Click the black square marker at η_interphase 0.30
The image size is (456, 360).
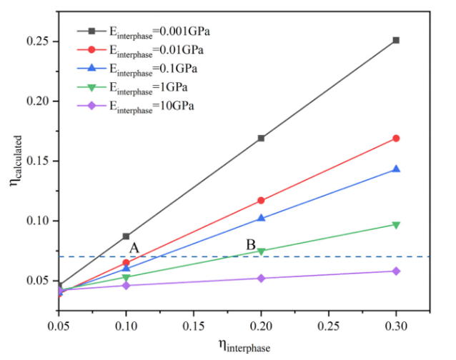point(396,40)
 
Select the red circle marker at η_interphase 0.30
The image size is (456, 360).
point(396,138)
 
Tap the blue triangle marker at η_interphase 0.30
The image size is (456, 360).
point(396,169)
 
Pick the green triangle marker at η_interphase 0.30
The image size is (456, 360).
point(396,225)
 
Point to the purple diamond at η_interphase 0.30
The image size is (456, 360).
point(396,271)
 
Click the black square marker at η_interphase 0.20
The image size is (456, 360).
point(261,138)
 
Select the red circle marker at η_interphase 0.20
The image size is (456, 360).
point(261,201)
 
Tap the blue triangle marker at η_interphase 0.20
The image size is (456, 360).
point(261,218)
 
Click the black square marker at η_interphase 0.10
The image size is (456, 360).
point(126,236)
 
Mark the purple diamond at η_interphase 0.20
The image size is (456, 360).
point(261,278)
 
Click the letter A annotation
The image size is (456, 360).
point(134,248)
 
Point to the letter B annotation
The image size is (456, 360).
point(251,245)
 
